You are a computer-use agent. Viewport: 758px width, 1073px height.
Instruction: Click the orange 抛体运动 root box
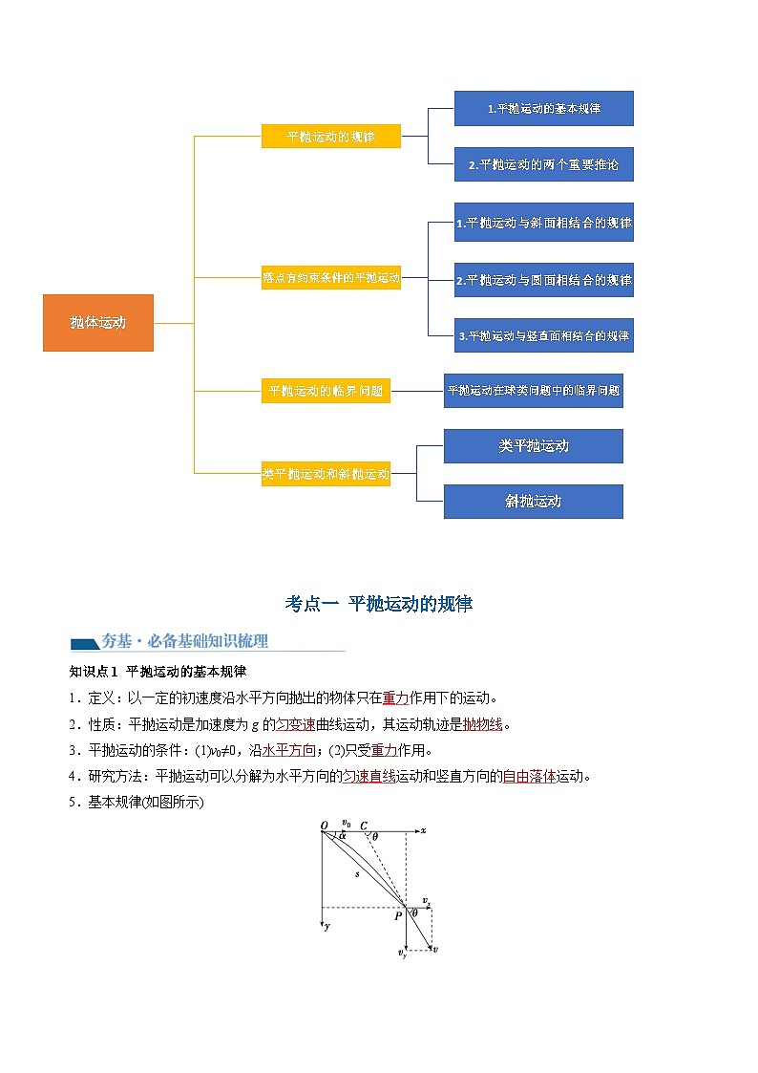pyautogui.click(x=97, y=323)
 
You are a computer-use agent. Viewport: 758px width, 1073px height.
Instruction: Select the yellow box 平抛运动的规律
pyautogui.click(x=330, y=137)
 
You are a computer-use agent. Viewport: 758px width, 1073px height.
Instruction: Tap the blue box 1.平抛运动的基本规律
pyautogui.click(x=543, y=109)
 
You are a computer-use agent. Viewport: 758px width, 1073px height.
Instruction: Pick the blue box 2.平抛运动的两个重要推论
pyautogui.click(x=543, y=164)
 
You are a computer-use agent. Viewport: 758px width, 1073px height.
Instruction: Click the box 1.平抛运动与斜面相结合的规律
pyautogui.click(x=543, y=224)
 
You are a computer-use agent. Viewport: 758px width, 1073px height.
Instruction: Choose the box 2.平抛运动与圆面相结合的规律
pyautogui.click(x=543, y=281)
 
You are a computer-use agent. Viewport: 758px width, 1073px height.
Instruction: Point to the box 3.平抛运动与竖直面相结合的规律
pyautogui.click(x=543, y=336)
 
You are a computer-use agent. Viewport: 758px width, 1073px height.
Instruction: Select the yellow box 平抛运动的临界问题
pyautogui.click(x=326, y=391)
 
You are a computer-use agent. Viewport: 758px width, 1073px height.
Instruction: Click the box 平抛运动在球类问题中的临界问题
pyautogui.click(x=533, y=391)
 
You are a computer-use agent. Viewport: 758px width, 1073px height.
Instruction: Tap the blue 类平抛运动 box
pyautogui.click(x=533, y=446)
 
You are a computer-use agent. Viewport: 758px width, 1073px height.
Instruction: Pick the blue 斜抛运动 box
pyautogui.click(x=533, y=502)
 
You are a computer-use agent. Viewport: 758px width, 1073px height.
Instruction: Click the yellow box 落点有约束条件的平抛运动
pyautogui.click(x=330, y=279)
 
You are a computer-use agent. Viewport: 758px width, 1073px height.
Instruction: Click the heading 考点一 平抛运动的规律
pyautogui.click(x=379, y=604)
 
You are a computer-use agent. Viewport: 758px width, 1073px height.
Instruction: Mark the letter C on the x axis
pyautogui.click(x=364, y=825)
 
